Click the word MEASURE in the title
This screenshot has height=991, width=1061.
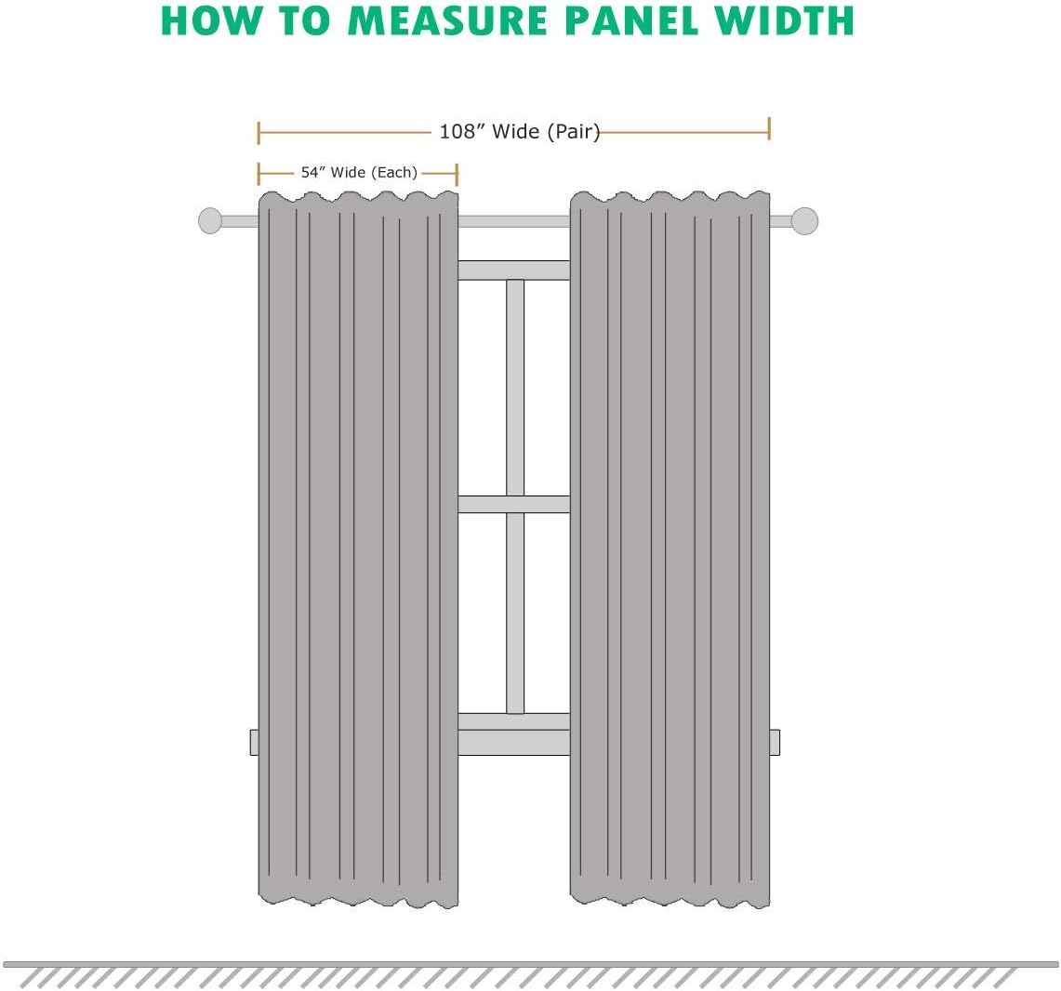pyautogui.click(x=448, y=21)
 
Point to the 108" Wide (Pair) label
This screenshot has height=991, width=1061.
pyautogui.click(x=520, y=131)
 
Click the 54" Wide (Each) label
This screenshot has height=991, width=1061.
pyautogui.click(x=359, y=173)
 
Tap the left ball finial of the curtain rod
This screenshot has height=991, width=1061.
pyautogui.click(x=210, y=221)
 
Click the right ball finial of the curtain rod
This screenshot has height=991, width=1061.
pyautogui.click(x=804, y=221)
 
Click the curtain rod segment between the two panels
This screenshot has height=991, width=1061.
pyautogui.click(x=514, y=221)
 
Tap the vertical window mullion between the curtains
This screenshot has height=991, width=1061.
pyautogui.click(x=515, y=496)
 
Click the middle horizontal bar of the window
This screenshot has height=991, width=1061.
pyautogui.click(x=514, y=505)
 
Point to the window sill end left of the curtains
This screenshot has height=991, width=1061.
pyautogui.click(x=255, y=742)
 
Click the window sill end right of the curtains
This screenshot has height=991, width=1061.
pyautogui.click(x=775, y=742)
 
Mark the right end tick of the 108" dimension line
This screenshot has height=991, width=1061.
pyautogui.click(x=769, y=128)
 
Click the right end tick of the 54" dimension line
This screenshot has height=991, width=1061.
pyautogui.click(x=457, y=174)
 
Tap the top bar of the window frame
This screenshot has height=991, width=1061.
pyautogui.click(x=514, y=270)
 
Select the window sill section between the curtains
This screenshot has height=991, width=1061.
pyautogui.click(x=514, y=742)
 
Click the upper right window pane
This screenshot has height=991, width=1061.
pyautogui.click(x=547, y=388)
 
